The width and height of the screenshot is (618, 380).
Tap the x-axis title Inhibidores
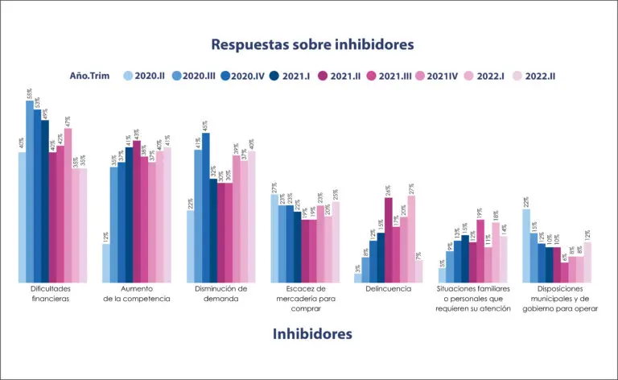pyautogui.click(x=312, y=332)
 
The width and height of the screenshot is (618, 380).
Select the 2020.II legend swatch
pyautogui.click(x=128, y=76)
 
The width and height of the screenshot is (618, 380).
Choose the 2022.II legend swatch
pyautogui.click(x=517, y=76)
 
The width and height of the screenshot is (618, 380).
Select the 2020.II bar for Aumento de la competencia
pyautogui.click(x=106, y=262)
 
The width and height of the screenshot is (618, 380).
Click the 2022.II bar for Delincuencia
pyautogui.click(x=419, y=271)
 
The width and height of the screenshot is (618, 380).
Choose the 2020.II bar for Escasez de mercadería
pyautogui.click(x=274, y=237)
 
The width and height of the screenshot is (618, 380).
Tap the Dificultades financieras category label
pyautogui.click(x=50, y=293)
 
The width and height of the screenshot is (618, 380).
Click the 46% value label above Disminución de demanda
pyautogui.click(x=206, y=126)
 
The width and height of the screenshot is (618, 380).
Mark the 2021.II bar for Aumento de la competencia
pyautogui.click(x=137, y=210)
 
